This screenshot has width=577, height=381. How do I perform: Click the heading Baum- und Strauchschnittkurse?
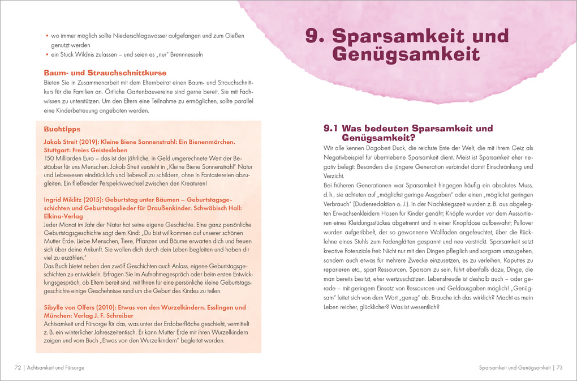coord(105,73)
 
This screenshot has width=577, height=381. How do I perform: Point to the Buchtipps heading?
coord(62,129)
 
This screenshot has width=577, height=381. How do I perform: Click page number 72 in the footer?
coord(18,367)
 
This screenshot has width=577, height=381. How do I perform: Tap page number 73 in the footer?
coord(559,367)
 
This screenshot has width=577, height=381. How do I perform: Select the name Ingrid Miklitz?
coord(64,199)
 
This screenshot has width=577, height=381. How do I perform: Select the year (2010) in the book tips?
coord(118,307)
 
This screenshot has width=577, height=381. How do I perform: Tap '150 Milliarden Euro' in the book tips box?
coord(69,158)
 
